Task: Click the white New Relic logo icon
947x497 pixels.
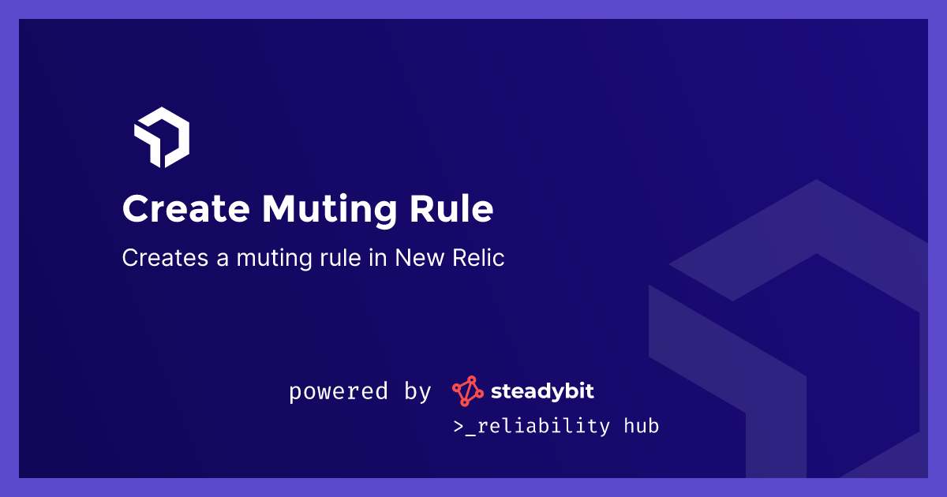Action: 162,137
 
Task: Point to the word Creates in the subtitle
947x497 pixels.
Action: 159,258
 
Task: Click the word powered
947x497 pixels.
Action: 339,391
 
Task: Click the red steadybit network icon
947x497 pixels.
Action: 466,391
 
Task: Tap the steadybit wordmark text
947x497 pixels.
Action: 542,390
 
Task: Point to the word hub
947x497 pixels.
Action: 641,427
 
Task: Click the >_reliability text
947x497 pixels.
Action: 531,427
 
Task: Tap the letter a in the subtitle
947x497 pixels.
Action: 207,259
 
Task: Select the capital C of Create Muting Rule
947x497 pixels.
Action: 136,210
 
